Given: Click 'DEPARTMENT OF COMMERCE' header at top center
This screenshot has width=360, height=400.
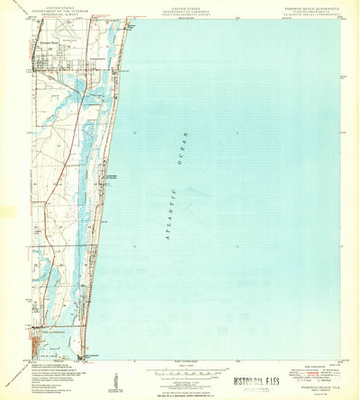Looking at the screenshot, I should (179, 10).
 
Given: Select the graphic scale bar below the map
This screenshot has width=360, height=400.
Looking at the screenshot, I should (180, 371).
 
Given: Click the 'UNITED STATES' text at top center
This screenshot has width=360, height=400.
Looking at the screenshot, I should (179, 6).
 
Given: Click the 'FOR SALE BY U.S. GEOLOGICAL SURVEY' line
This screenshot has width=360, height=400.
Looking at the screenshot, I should (180, 394).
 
